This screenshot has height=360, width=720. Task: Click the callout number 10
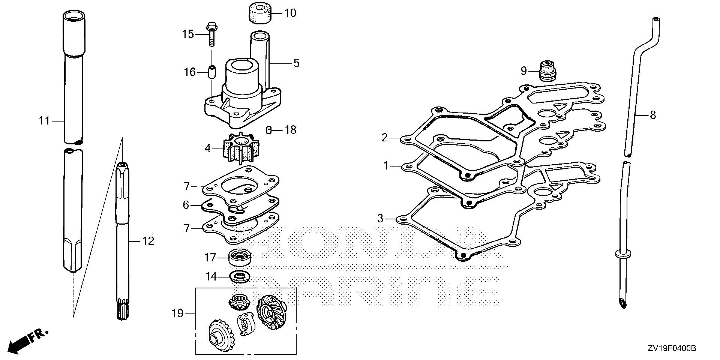(290, 13)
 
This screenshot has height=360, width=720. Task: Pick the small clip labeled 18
(268, 130)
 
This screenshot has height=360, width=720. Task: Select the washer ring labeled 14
(239, 277)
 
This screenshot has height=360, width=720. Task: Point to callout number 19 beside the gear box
(177, 313)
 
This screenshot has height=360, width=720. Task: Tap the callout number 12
(148, 241)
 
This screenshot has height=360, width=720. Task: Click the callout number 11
(44, 121)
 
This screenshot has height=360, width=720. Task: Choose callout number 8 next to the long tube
(653, 115)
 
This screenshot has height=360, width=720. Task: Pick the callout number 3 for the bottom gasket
(380, 218)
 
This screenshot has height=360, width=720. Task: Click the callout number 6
(186, 205)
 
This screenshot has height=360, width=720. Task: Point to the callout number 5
(296, 63)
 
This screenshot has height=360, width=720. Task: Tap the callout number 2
(384, 138)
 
